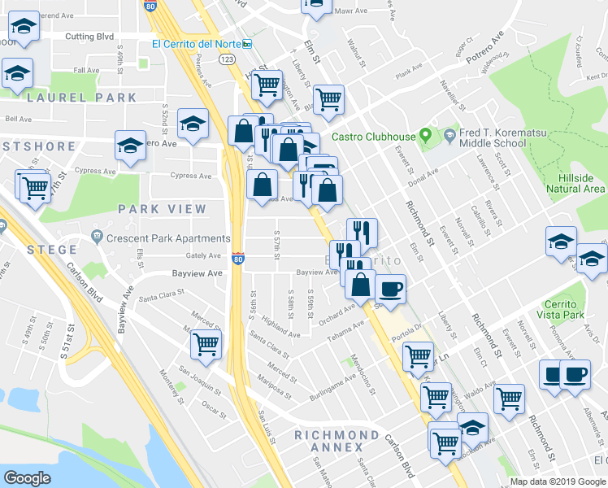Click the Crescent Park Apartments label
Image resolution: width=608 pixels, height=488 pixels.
pos(161,238)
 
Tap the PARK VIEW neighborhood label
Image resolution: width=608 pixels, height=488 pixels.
pos(163,208)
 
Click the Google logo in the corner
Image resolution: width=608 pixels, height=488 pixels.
pos(27,478)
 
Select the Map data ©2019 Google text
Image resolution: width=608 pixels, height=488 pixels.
pos(558,481)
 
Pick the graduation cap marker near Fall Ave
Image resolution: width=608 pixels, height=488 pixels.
pos(17,72)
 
